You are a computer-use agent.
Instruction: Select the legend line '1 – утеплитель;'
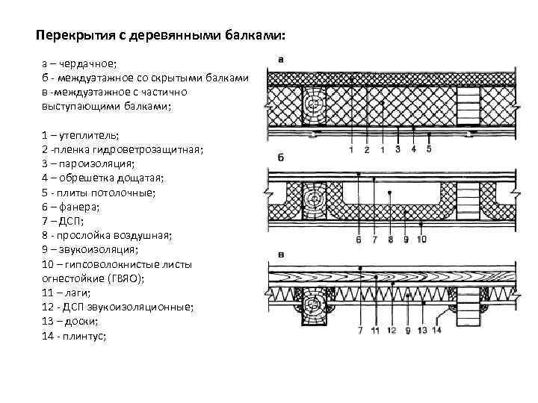click(x=80, y=135)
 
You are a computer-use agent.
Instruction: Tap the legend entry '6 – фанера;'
click(x=72, y=206)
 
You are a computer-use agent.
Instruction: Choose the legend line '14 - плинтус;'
click(x=75, y=336)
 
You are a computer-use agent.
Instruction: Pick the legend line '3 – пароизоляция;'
click(x=88, y=163)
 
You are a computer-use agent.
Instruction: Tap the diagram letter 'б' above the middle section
click(x=279, y=158)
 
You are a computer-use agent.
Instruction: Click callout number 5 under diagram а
click(x=428, y=149)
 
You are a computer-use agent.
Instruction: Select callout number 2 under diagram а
click(x=367, y=150)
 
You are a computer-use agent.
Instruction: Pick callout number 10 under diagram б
click(x=422, y=240)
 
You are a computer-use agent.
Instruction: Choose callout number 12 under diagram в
click(x=389, y=329)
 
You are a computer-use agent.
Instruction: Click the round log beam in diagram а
click(x=315, y=104)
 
